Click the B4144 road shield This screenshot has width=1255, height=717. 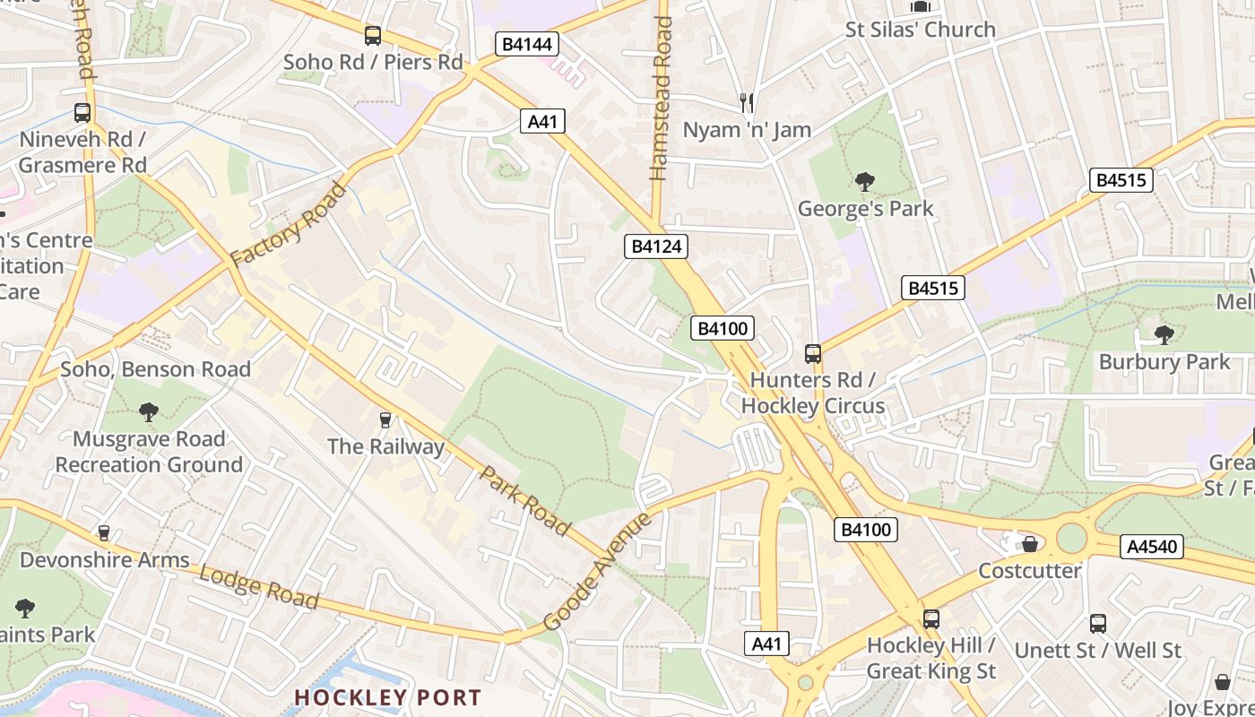[x=526, y=44]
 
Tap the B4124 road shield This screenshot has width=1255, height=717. [x=656, y=246]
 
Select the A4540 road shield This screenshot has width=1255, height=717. [x=1151, y=546]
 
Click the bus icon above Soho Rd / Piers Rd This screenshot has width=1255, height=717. [x=372, y=36]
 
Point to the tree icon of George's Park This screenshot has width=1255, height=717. [x=864, y=183]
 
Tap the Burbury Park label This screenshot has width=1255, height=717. [x=1164, y=362]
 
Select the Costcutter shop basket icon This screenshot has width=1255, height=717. [x=1030, y=544]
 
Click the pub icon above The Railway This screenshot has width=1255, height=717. [x=385, y=419]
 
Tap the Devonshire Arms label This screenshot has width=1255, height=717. [x=105, y=560]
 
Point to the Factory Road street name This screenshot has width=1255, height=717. [x=288, y=224]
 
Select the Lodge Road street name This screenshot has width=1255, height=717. [x=258, y=587]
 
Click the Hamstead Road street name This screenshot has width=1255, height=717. [x=662, y=99]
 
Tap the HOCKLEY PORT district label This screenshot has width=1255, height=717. [x=387, y=697]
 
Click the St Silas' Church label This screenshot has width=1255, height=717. [x=920, y=30]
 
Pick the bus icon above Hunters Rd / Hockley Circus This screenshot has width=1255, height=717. [x=812, y=354]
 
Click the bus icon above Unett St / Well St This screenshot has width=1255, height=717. [x=1097, y=624]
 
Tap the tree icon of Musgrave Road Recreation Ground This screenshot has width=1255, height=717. [x=148, y=412]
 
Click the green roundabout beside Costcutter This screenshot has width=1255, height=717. [x=1071, y=539]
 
